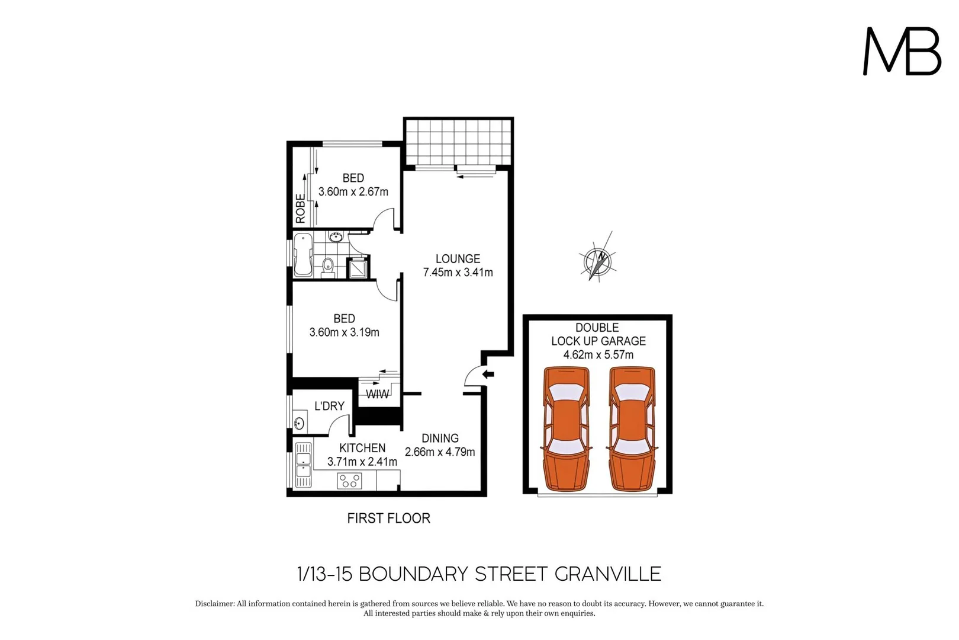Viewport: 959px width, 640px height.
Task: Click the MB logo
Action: pyautogui.click(x=902, y=52)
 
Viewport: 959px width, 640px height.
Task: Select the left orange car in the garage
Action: pyautogui.click(x=567, y=429)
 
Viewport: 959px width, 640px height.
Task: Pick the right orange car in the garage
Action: pyautogui.click(x=632, y=429)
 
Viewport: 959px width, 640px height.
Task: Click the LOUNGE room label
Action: pyautogui.click(x=458, y=259)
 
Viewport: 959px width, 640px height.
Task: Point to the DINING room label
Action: pyautogui.click(x=440, y=439)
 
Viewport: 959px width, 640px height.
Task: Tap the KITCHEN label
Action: pyautogui.click(x=362, y=449)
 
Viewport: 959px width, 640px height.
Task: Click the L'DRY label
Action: pyautogui.click(x=329, y=407)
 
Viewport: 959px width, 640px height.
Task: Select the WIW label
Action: pyautogui.click(x=377, y=395)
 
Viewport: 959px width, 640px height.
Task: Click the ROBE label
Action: pyautogui.click(x=301, y=208)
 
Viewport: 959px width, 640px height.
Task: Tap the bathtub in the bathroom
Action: pyautogui.click(x=302, y=255)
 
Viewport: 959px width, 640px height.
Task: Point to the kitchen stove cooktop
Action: pyautogui.click(x=349, y=481)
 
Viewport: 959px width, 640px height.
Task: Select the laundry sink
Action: pyautogui.click(x=299, y=424)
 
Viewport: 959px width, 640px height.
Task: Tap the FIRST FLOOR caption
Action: pyautogui.click(x=388, y=519)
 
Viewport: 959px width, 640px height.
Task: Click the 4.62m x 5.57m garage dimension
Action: pyautogui.click(x=598, y=355)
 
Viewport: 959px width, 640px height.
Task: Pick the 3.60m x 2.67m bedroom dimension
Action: pyautogui.click(x=353, y=192)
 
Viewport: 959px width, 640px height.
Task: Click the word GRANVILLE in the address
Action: pyautogui.click(x=608, y=574)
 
